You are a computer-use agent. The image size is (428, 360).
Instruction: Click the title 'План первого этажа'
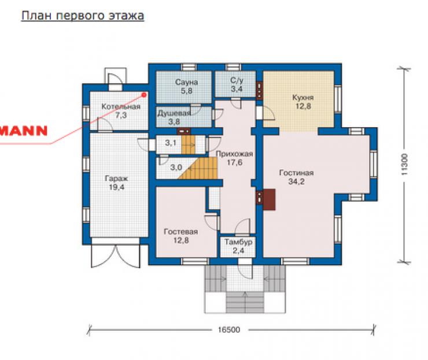coord(83,16)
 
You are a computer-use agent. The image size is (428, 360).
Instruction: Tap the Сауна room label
coord(186,82)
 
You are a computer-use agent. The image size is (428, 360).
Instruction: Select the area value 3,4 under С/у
coord(237,89)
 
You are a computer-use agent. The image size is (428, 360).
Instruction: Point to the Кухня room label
coord(303,97)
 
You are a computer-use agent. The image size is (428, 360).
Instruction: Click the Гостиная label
coord(297,173)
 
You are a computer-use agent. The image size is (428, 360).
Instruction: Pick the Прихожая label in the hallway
coord(234,154)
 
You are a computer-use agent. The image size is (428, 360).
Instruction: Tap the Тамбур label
coord(238,242)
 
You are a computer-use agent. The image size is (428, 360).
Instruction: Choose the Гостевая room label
coord(180,232)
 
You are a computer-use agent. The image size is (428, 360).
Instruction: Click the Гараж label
coord(116,179)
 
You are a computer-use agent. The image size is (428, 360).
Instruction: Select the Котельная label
coord(121,106)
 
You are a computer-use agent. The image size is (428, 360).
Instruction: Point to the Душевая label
coord(174,113)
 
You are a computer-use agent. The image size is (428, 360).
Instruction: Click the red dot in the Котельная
coord(144,95)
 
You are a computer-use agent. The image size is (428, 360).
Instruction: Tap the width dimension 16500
coord(229,330)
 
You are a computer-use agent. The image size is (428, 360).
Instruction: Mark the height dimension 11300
coord(404,164)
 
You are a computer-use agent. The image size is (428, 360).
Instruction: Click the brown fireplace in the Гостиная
coord(269,199)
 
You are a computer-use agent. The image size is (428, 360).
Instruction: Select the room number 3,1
coord(171,143)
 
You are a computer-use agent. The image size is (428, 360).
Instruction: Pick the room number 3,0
coord(176,167)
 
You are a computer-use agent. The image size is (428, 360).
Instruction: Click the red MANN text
coord(24,131)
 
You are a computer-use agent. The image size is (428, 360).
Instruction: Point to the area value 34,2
coord(297,181)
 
